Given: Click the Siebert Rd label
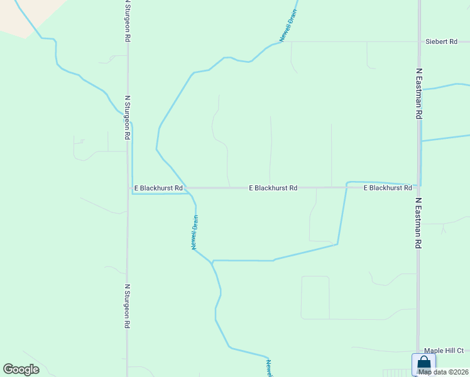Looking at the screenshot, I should coord(441,41).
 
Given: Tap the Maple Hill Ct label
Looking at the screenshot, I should coord(444,351).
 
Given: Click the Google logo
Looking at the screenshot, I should coord(21,369).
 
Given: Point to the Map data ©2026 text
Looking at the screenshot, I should coord(443,372).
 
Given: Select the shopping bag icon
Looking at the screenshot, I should coord(424,364).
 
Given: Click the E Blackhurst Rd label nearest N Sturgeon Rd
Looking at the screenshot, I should coord(158,188).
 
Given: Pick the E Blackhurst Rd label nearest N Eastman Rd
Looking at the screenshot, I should coord(387,188).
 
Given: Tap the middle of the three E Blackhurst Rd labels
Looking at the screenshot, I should coord(273,188).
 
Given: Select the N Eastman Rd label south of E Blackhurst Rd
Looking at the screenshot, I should coord(418,224).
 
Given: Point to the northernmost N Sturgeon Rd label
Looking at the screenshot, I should coord(128,21).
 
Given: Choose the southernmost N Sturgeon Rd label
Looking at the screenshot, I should coord(127,307).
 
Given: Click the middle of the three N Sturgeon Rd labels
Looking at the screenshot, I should coord(128,117).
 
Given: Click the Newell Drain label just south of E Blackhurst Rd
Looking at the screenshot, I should coord(195,232).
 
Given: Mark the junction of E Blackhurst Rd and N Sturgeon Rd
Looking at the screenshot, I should coord(128,188).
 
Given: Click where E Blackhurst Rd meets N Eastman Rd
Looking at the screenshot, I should coord(418,187).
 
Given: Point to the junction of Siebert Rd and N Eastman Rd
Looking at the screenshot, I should coord(419,42).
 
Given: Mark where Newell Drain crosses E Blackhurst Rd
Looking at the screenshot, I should coord(187,188).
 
